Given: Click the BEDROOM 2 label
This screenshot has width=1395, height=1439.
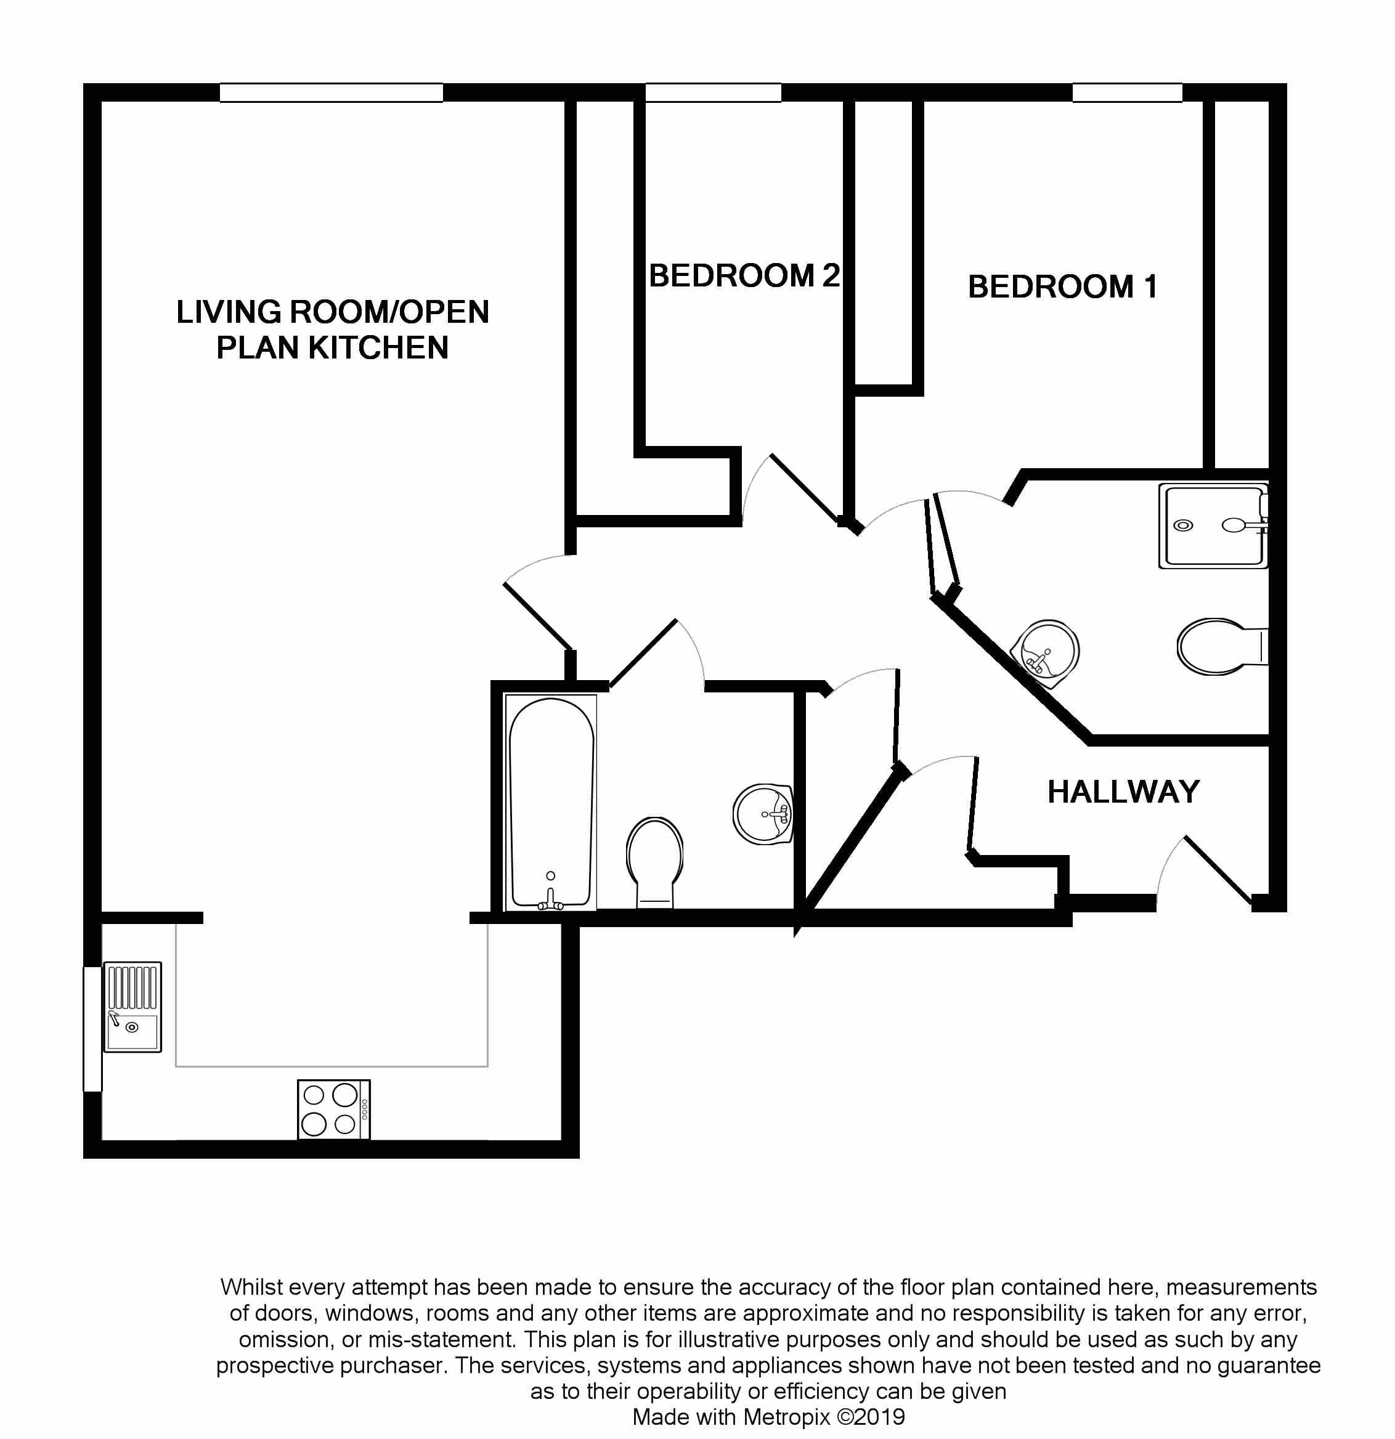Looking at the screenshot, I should [744, 276].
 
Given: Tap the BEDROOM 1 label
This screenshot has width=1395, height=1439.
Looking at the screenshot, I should [1062, 287].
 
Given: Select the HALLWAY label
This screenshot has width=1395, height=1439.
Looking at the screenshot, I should [1123, 792].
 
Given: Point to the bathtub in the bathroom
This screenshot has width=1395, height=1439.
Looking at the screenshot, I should [551, 801].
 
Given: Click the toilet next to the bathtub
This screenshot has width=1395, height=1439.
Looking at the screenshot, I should [654, 861].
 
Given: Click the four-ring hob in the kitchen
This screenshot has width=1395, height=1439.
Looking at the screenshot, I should [333, 1109].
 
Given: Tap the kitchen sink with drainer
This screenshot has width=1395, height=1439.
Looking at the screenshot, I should [132, 1007].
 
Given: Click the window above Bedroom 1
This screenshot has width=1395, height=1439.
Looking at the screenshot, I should [1127, 92].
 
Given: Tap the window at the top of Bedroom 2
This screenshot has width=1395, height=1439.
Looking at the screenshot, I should [713, 92].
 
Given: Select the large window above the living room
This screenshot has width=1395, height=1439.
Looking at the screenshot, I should [331, 92].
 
